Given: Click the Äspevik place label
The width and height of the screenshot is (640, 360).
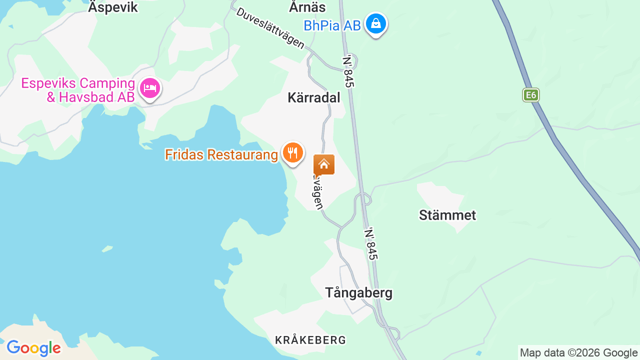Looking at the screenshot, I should (x=113, y=7).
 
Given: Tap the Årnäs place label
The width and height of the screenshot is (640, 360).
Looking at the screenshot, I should (x=307, y=7).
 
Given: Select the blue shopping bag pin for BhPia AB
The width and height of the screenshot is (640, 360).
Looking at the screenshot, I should (x=375, y=23).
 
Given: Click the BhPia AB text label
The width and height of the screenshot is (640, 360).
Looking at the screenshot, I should (x=332, y=25).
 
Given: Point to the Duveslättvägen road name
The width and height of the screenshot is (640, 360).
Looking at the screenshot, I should (x=270, y=28).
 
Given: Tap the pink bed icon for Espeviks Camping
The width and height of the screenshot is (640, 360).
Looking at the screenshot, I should (x=149, y=89).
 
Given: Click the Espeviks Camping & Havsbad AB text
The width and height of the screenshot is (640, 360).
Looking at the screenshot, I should (x=78, y=90).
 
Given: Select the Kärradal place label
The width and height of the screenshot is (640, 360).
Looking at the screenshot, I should (x=314, y=97).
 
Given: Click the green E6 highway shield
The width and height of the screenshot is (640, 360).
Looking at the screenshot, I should (x=530, y=95).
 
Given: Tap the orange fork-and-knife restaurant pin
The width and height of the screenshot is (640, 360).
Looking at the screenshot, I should (x=293, y=152).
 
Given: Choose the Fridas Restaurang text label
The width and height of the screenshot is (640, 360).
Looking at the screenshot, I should (x=221, y=155).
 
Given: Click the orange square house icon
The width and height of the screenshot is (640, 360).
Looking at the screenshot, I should (x=324, y=164).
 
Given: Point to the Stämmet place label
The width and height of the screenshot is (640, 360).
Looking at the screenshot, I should (x=447, y=215).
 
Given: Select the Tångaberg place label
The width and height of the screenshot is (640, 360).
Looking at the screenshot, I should (x=359, y=292).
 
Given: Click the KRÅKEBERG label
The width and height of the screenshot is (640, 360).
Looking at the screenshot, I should (x=310, y=340).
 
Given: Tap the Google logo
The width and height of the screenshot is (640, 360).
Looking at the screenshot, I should (x=33, y=348).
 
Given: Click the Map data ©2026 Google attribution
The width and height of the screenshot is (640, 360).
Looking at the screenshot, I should (x=578, y=352).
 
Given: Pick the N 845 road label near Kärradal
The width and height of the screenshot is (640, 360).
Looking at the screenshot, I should (x=348, y=71).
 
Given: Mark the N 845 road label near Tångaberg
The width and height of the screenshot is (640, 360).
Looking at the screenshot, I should (x=371, y=244).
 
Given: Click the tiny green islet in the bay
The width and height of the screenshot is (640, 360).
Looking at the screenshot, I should (x=107, y=248).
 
